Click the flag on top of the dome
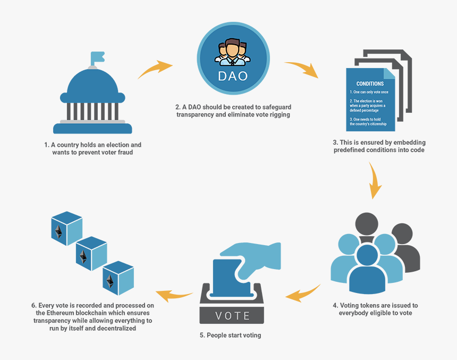coord(97,57)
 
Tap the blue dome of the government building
coord(92,85)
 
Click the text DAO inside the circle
coord(233,76)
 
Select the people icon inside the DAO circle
coord(232,52)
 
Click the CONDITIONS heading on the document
coord(370,83)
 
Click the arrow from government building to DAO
coord(155,69)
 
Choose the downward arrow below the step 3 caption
coord(375,180)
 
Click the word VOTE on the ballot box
coord(233,315)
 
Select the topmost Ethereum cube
coord(66,228)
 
